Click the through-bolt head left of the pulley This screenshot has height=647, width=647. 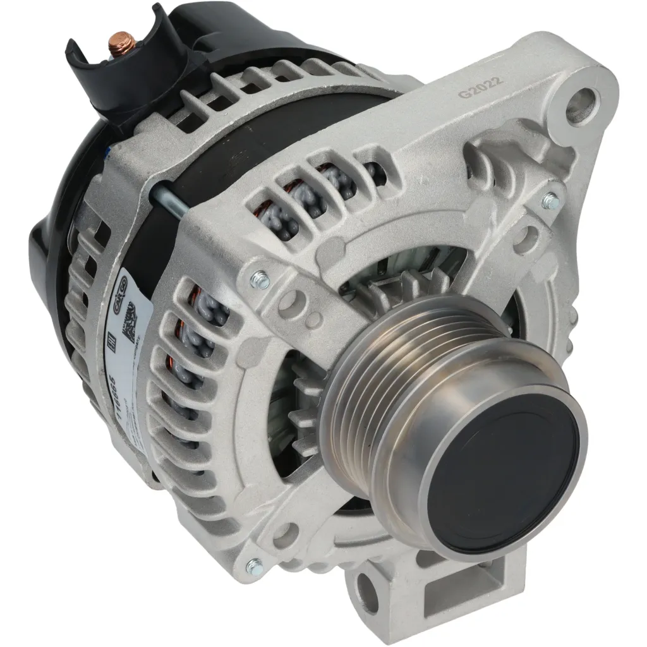259,279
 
